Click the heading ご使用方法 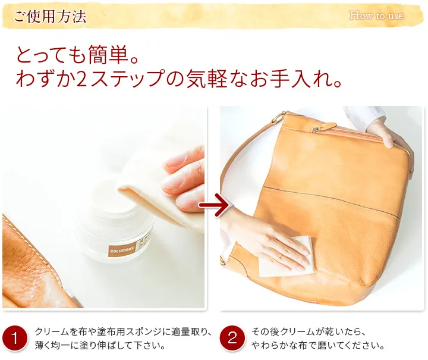point(50,17)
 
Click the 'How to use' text point(376,15)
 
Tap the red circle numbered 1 point(15,338)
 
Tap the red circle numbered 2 point(232,338)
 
